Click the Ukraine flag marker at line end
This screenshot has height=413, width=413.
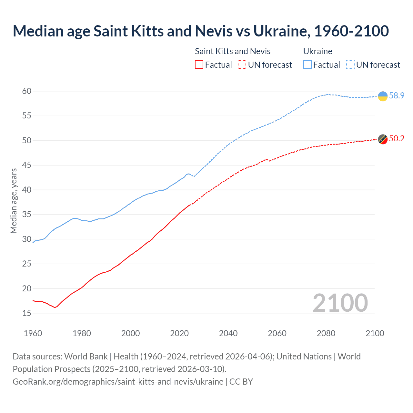(383, 96)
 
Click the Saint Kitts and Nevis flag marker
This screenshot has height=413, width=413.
(383, 139)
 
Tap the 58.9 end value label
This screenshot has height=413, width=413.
(397, 96)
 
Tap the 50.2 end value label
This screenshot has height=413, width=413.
(397, 138)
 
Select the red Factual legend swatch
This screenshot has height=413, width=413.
(199, 65)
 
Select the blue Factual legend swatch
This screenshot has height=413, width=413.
(307, 65)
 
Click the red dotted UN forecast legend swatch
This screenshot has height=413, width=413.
(242, 65)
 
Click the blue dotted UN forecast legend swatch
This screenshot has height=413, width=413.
(350, 65)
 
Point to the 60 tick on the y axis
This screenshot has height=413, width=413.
(27, 91)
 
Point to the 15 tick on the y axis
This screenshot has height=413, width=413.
(27, 313)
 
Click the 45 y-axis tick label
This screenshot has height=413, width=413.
(27, 165)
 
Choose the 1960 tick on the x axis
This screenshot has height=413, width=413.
(33, 333)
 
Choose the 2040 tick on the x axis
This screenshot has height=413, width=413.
(228, 333)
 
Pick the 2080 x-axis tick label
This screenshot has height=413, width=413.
(326, 333)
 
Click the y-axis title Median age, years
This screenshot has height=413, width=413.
(14, 201)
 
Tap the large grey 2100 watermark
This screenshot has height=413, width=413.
(340, 303)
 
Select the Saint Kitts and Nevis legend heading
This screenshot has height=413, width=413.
(233, 51)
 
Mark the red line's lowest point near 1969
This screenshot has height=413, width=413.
(55, 307)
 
